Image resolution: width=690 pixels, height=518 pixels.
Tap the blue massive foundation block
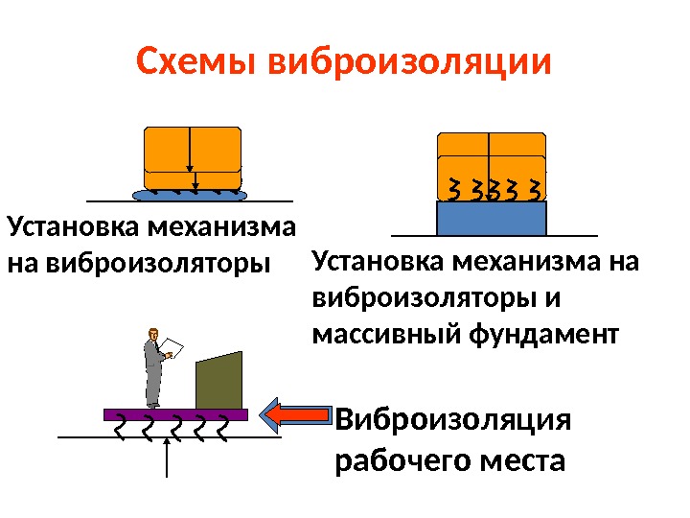[x=491, y=218]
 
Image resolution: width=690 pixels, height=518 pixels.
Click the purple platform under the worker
[x=175, y=414]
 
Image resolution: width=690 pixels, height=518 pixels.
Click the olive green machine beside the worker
[x=219, y=382]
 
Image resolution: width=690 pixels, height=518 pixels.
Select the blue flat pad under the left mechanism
[x=190, y=195]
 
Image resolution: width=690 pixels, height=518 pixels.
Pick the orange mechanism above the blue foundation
[x=492, y=155]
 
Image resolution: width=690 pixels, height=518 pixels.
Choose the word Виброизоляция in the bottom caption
[x=453, y=421]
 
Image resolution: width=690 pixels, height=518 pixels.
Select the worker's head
[x=151, y=334]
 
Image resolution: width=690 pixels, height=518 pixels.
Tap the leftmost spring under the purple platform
[x=118, y=424]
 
